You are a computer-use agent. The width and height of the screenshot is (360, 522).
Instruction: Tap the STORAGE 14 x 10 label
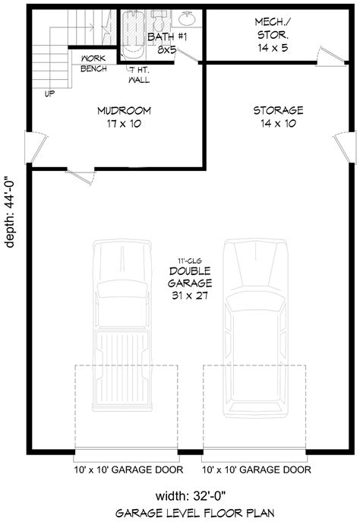[278, 117]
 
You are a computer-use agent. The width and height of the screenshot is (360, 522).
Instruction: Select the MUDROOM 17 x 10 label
[123, 117]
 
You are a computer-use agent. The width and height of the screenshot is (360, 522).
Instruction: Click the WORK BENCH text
[93, 63]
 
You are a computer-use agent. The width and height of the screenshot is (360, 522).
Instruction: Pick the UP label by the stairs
[50, 95]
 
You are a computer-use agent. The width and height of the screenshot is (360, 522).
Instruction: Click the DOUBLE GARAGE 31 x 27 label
[190, 283]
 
